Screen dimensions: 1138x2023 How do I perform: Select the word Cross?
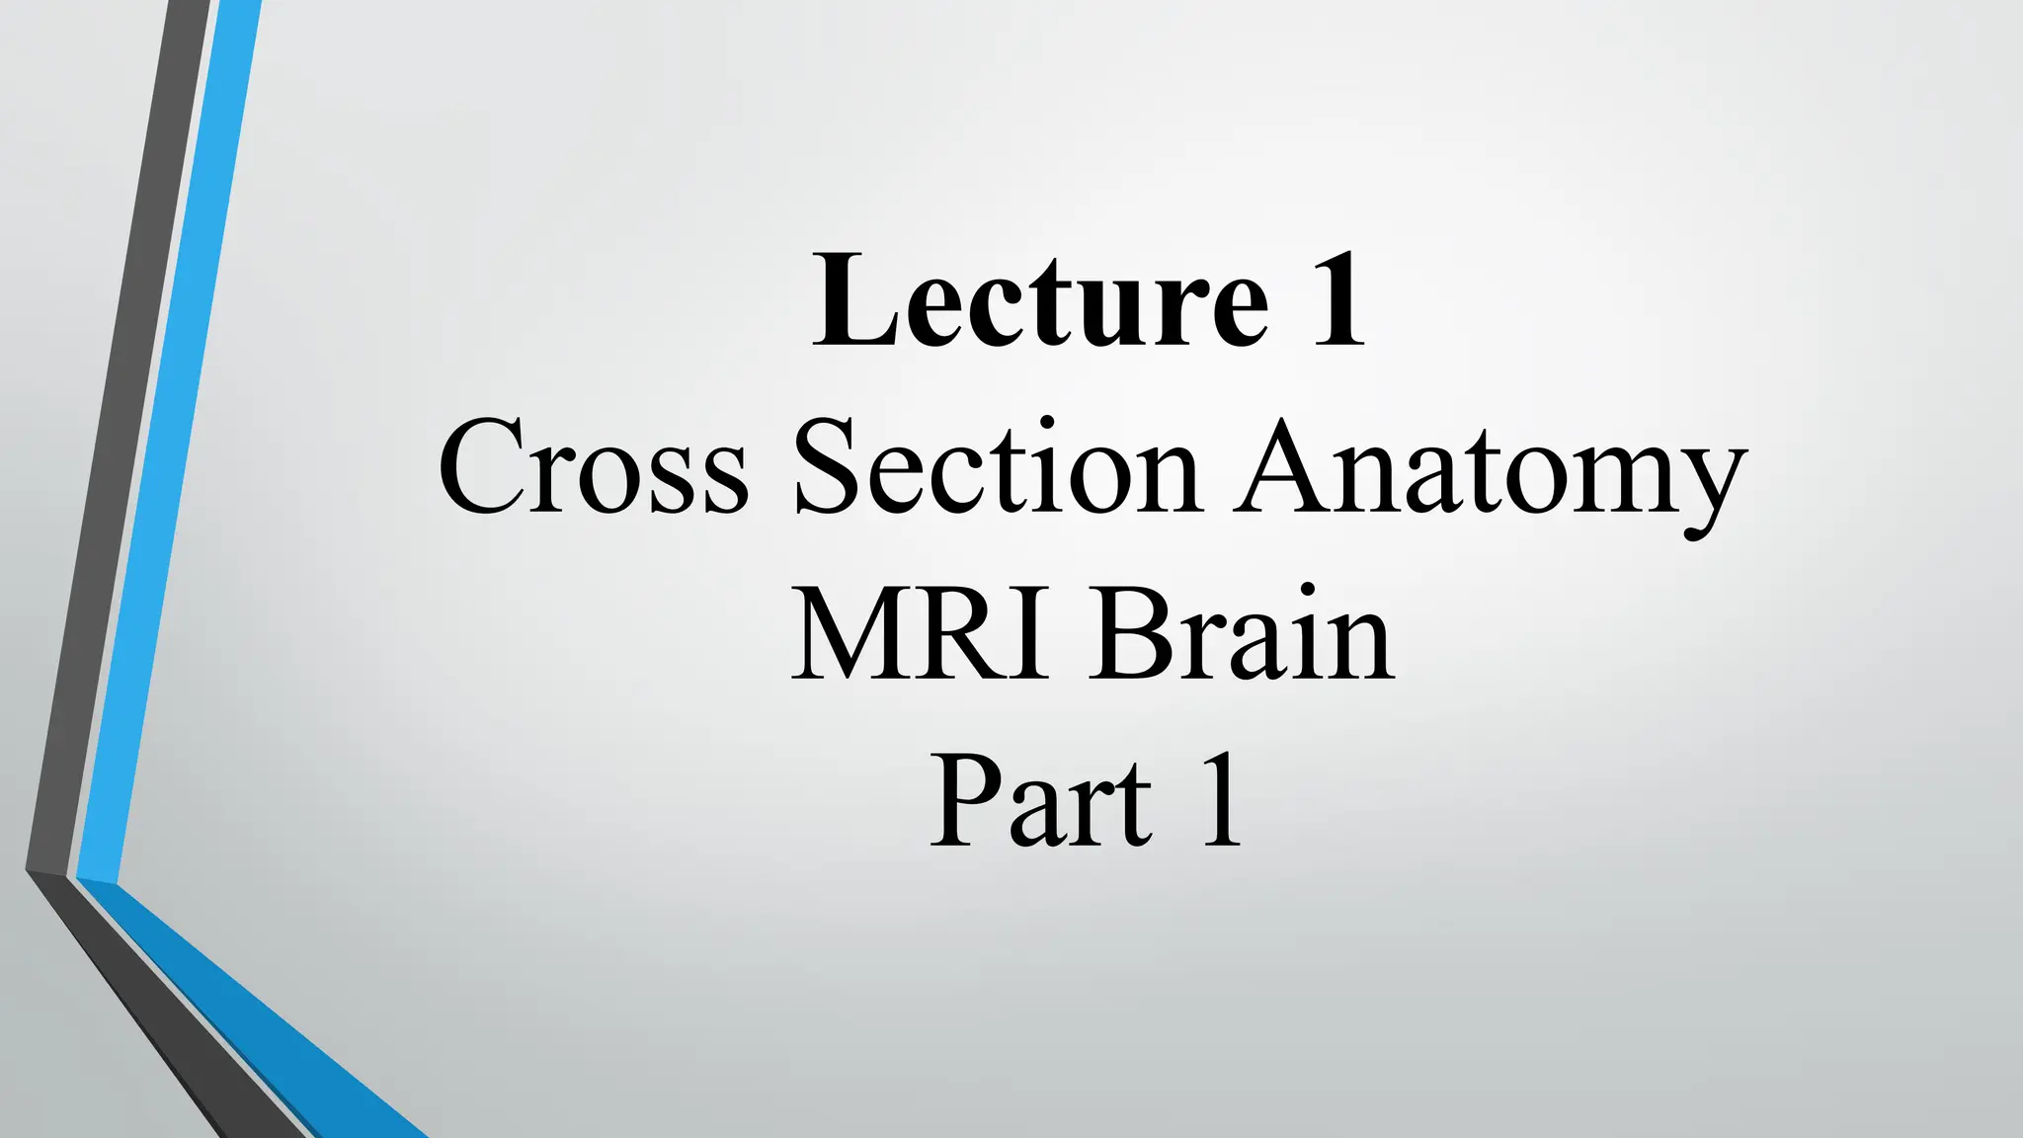(x=593, y=466)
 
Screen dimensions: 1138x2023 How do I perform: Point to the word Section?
(x=998, y=466)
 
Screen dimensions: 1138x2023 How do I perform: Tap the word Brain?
(x=1242, y=634)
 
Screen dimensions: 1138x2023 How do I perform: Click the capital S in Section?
(x=828, y=466)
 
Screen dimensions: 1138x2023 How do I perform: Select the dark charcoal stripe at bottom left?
(x=158, y=1017)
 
